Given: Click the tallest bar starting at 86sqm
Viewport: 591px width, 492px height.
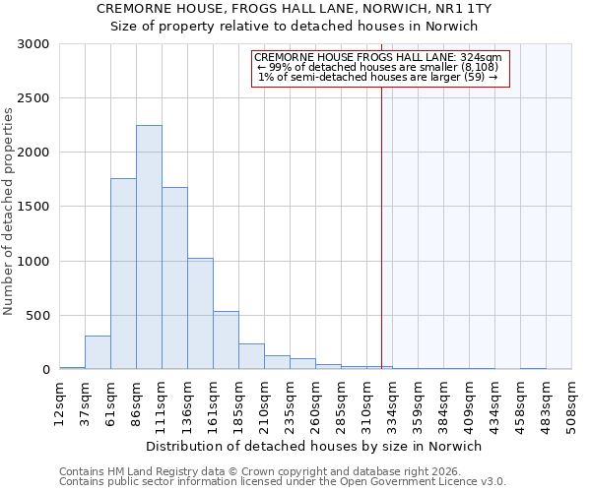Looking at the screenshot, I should [149, 247].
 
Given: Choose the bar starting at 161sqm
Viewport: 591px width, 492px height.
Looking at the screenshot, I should [226, 340].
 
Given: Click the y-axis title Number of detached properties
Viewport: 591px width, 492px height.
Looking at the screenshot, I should [9, 207].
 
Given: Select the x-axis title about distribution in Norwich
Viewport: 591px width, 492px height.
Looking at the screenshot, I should [315, 446].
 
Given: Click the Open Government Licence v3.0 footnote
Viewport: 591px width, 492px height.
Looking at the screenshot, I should [283, 482].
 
